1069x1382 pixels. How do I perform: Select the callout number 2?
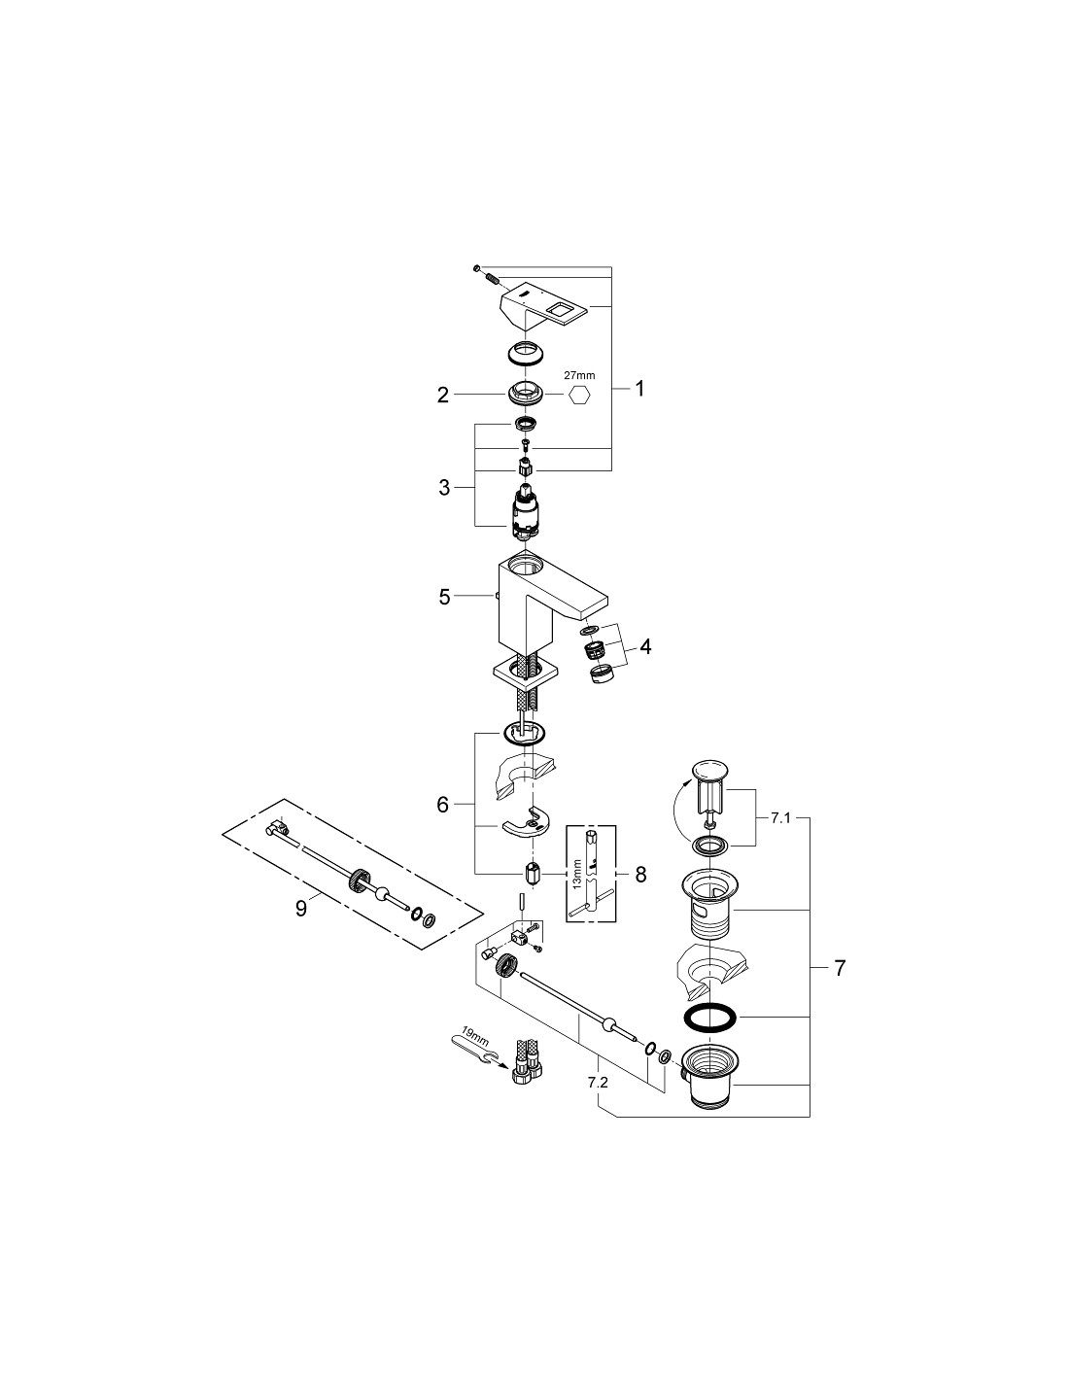pos(443,395)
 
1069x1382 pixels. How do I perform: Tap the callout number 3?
pos(444,488)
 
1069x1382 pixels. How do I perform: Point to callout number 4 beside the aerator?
pos(645,647)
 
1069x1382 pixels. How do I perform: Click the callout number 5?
pos(444,597)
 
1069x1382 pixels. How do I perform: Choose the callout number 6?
pos(442,805)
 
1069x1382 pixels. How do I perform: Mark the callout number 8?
pos(640,875)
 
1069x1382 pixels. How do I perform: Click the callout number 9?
pos(301,909)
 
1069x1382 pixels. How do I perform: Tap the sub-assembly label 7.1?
pos(780,818)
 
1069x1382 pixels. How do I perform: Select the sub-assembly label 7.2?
pos(599,1082)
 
